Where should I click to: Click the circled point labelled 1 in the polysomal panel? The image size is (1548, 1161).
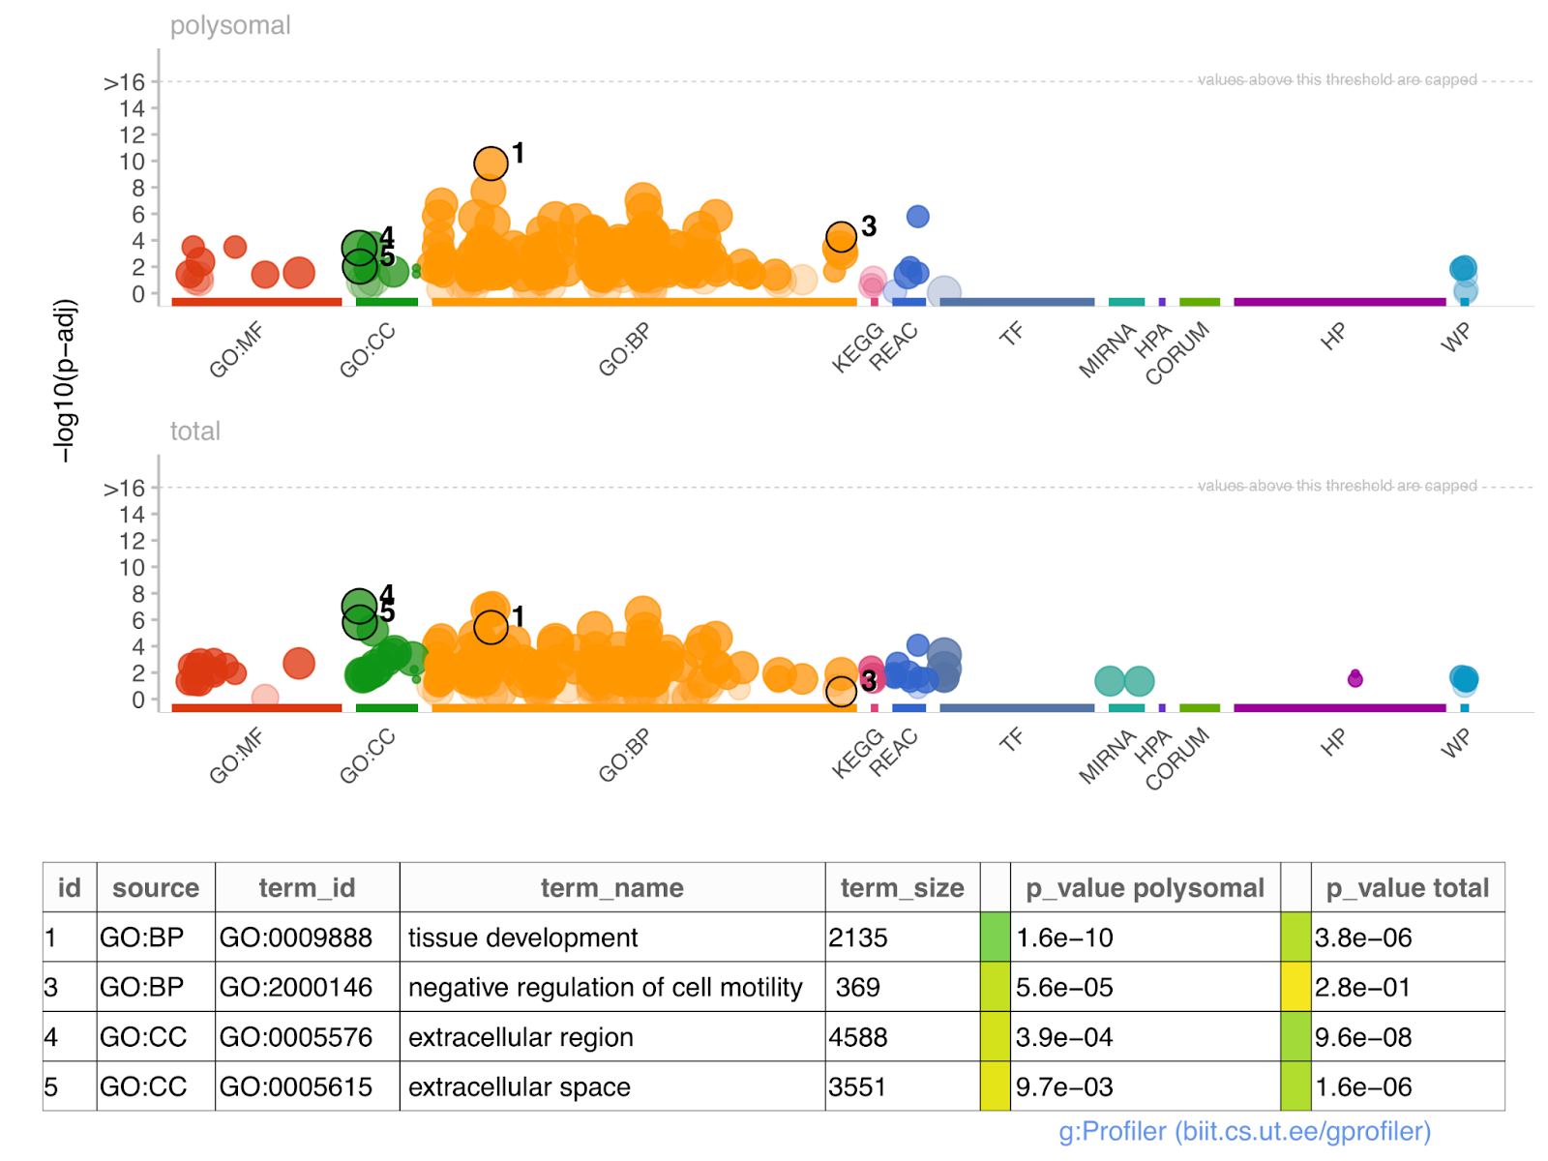click(x=491, y=164)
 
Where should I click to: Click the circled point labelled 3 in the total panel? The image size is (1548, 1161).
click(x=841, y=691)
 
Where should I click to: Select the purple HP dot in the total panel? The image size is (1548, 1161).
click(x=1354, y=679)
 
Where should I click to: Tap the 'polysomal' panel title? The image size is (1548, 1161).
click(x=230, y=26)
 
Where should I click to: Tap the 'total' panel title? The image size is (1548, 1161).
click(x=195, y=432)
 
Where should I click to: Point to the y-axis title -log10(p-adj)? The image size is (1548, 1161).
click(x=65, y=380)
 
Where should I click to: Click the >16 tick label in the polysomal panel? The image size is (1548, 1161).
click(x=125, y=83)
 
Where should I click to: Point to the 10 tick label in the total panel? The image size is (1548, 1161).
click(x=132, y=568)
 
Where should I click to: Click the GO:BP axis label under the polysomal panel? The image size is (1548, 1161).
click(x=624, y=349)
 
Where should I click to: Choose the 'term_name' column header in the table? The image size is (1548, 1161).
click(x=611, y=888)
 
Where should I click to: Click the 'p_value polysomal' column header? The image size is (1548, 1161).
click(x=1145, y=888)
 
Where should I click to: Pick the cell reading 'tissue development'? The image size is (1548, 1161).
click(x=522, y=938)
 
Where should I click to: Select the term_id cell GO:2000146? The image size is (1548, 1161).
click(x=296, y=987)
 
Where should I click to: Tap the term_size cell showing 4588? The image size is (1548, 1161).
click(x=858, y=1037)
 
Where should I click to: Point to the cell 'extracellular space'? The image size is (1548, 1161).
click(x=519, y=1087)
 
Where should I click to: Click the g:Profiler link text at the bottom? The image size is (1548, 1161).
click(x=1244, y=1131)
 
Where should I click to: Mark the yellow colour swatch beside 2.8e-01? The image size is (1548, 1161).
click(x=1295, y=987)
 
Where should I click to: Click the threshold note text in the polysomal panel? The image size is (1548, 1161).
click(x=1337, y=79)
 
